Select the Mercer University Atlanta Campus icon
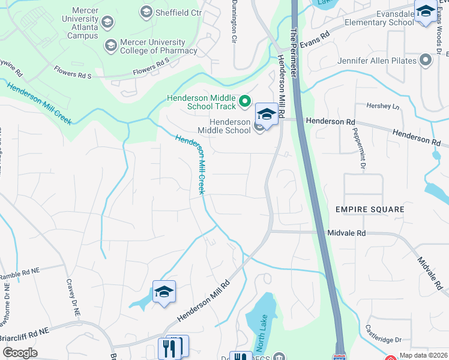point(107,23)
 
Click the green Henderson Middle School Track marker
point(244,102)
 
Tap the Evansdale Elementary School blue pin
point(426,11)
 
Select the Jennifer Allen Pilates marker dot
point(426,61)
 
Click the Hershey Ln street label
point(383,106)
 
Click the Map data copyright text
point(423,355)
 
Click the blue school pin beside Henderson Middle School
point(267,113)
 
